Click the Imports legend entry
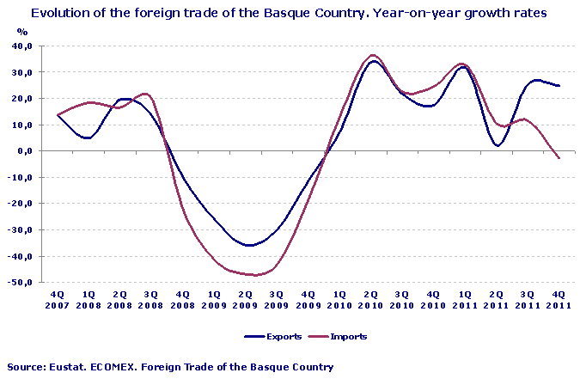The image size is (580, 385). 347,336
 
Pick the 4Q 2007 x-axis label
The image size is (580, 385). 58,299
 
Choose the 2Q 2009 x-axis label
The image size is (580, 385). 245,299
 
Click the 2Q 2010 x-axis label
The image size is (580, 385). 370,299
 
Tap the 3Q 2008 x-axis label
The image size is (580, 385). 151,299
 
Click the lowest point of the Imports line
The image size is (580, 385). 253,275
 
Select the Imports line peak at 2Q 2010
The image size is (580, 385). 372,55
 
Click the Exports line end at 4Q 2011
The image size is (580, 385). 559,86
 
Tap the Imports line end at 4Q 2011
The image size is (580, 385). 559,158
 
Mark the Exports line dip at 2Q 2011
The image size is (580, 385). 498,145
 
